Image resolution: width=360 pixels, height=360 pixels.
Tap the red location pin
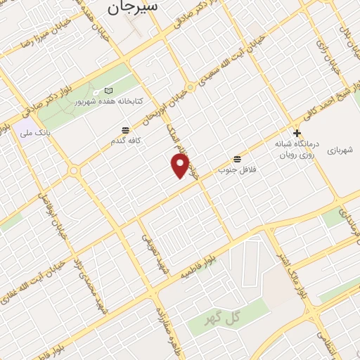tap(181, 166)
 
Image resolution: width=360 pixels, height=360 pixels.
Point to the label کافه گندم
tap(123, 141)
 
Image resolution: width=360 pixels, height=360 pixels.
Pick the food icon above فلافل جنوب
tap(237, 159)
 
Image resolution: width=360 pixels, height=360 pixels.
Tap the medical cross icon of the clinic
tap(297, 132)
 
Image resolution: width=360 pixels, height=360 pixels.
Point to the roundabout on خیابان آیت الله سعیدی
tap(190, 88)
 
